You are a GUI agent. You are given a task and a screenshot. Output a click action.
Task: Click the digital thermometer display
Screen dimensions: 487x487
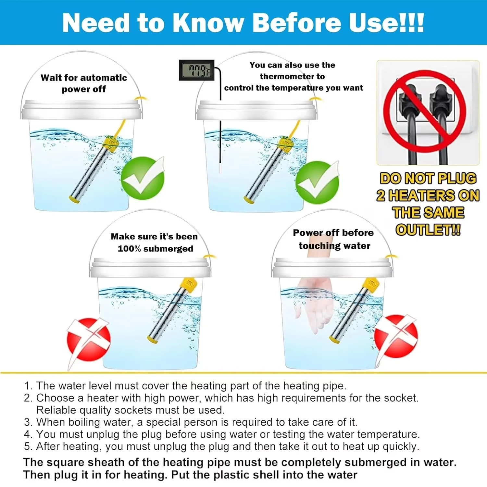tap(197, 70)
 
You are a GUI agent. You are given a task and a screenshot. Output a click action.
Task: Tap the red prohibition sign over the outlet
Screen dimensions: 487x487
tap(425, 112)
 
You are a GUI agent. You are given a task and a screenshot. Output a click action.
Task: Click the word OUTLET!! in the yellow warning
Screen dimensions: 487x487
tap(428, 230)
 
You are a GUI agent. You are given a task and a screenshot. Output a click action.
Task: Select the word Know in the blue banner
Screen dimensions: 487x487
tap(208, 23)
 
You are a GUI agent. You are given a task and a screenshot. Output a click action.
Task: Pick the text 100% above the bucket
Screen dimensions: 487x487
tap(129, 249)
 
